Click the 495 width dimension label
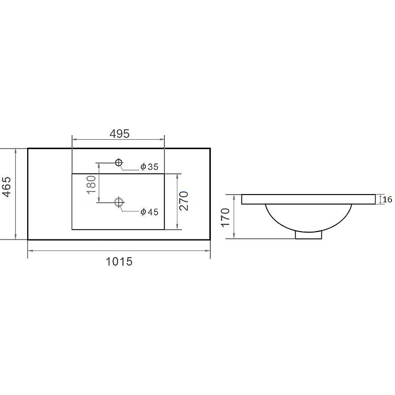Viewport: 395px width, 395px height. click(119, 133)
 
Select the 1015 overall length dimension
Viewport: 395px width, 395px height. click(119, 262)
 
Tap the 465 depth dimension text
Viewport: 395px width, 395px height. click(7, 187)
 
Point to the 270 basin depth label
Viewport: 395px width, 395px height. click(184, 201)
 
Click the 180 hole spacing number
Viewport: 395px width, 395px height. click(91, 185)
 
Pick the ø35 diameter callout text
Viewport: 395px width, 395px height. click(150, 166)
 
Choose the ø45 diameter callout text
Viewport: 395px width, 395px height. click(150, 212)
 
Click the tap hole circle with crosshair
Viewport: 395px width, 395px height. click(118, 162)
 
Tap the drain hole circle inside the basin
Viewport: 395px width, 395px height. click(119, 202)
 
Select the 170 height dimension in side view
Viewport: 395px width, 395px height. click(226, 217)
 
